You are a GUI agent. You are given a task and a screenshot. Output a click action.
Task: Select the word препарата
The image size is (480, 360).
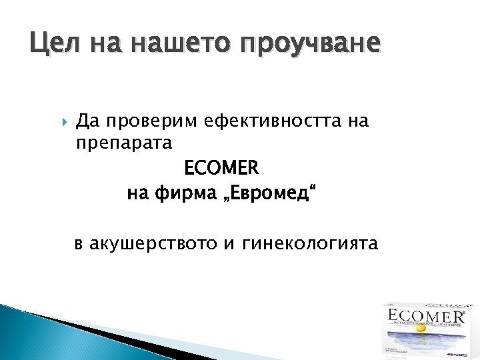[124, 143]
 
